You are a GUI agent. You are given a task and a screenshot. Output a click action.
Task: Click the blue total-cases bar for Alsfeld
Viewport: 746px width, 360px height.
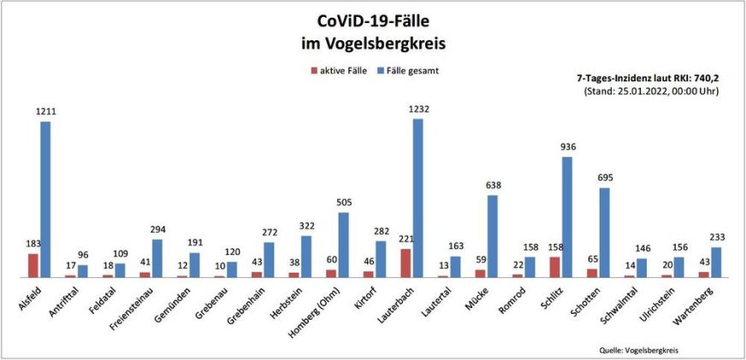pos(45,199)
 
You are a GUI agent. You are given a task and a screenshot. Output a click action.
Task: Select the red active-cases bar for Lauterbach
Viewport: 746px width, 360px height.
pos(406,263)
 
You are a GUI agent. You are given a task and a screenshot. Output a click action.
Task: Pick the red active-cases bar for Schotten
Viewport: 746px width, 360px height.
pos(592,273)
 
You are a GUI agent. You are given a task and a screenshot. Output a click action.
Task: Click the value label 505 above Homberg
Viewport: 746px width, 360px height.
pos(343,203)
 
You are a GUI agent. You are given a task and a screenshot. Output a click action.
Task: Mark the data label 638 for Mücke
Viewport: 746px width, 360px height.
pos(493,185)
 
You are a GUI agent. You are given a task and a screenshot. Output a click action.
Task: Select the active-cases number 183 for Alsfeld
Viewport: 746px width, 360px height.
pos(33,244)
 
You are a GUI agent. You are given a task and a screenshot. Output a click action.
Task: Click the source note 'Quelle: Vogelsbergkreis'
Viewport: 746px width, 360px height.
pos(642,350)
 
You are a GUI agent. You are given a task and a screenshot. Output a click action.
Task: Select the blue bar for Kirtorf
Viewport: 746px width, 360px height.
pos(381,259)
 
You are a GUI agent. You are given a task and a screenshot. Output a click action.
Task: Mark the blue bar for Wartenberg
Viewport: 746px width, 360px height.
pos(716,263)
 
